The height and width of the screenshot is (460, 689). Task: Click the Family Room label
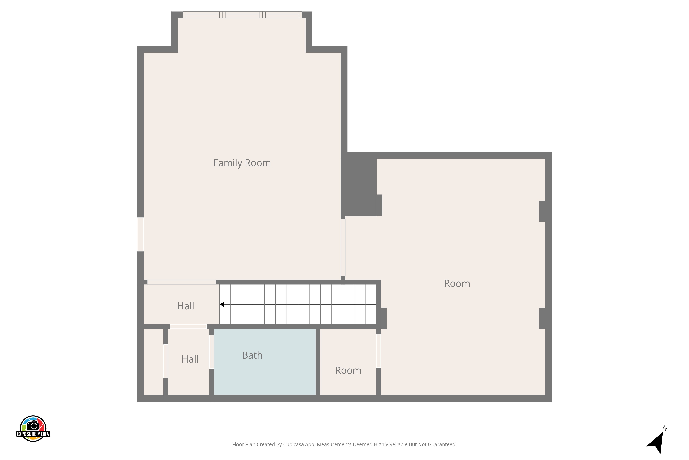click(242, 163)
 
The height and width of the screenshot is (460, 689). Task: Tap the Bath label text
click(252, 355)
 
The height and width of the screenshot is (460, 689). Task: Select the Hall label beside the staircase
click(186, 306)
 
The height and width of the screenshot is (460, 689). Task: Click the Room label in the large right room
click(457, 283)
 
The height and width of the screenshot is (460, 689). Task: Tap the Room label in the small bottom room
click(348, 370)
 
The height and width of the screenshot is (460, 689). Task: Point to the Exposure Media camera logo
click(33, 428)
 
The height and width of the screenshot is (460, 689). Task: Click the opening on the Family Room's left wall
click(141, 234)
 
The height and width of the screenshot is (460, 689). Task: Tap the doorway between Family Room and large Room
click(343, 247)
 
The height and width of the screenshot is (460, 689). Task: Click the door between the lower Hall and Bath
click(212, 352)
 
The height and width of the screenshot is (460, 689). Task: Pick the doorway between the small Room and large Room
click(378, 351)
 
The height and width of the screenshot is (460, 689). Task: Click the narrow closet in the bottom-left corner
click(153, 362)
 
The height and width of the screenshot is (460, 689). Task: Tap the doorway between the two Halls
click(188, 327)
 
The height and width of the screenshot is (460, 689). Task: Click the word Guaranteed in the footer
click(442, 444)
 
